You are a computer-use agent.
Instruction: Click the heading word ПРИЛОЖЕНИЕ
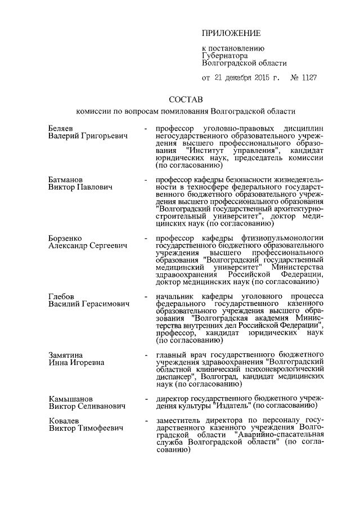pos(231,34)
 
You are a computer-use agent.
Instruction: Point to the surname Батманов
pos(65,178)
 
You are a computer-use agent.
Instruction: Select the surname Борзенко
pos(65,238)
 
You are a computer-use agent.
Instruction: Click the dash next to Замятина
pos(146,355)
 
